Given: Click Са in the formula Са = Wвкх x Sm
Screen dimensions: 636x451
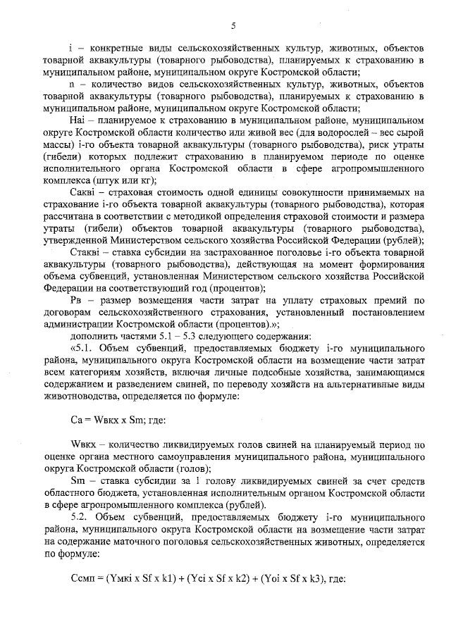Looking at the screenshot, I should pos(78,420).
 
